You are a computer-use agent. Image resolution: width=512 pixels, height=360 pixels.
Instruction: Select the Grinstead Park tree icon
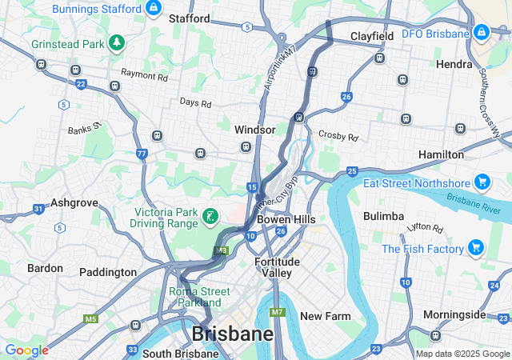pos(118,42)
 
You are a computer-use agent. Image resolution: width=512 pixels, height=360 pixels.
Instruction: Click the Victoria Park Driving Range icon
pos(209,216)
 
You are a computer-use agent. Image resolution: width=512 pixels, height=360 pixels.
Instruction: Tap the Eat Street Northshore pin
pos(481,182)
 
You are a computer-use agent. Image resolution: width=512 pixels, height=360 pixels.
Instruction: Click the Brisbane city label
pos(232,333)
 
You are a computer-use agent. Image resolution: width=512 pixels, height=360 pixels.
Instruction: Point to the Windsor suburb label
pos(254,130)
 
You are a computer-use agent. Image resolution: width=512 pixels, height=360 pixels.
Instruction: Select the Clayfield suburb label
pos(372,37)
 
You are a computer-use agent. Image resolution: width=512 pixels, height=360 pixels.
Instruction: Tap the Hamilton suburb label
pos(463,154)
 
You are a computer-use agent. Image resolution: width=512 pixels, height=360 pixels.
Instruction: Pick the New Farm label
pos(325,316)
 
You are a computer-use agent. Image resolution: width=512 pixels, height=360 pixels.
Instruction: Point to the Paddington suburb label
pos(107,272)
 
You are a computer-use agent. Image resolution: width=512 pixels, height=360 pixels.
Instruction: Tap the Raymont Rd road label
pos(144,77)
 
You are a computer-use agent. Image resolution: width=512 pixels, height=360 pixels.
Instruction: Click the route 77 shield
pos(142,153)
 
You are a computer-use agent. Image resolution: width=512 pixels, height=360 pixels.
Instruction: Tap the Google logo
pos(26,350)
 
